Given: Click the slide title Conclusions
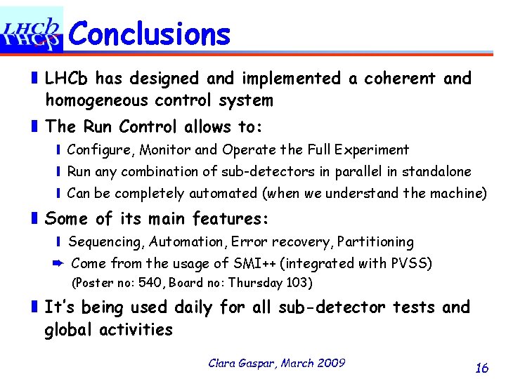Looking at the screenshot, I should tap(150, 33).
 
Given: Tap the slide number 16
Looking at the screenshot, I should tap(482, 367).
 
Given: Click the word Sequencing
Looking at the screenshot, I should tap(104, 241).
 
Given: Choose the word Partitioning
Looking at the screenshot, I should tap(375, 241).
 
